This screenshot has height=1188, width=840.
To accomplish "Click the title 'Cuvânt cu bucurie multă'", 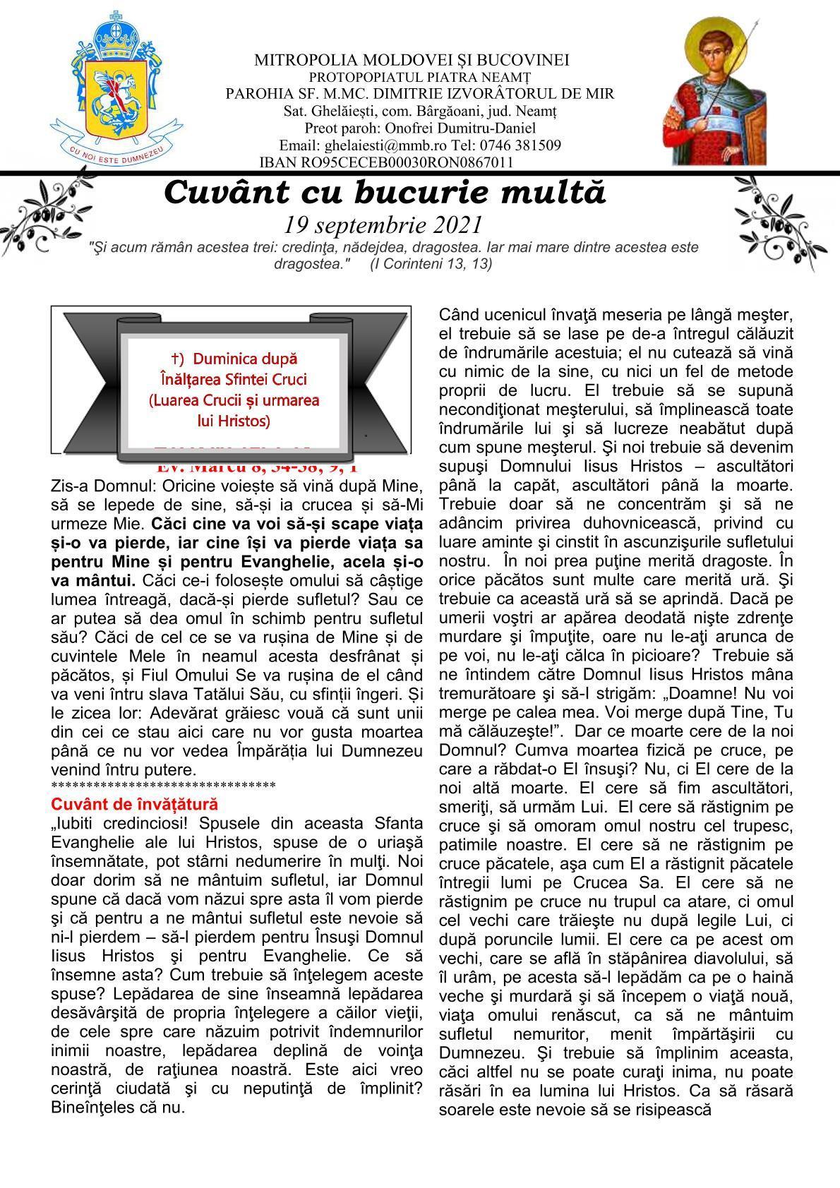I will point(385,193).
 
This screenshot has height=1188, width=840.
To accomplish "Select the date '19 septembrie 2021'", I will point(383,225).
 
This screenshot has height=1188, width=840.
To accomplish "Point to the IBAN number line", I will point(386,162).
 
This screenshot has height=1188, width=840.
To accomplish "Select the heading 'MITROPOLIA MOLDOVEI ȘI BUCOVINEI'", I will point(412,61).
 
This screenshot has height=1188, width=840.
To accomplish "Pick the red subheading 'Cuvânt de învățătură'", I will point(135,804).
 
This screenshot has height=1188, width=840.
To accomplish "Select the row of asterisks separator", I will point(163,786).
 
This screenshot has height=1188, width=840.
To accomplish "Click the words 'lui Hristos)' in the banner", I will point(234,421).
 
